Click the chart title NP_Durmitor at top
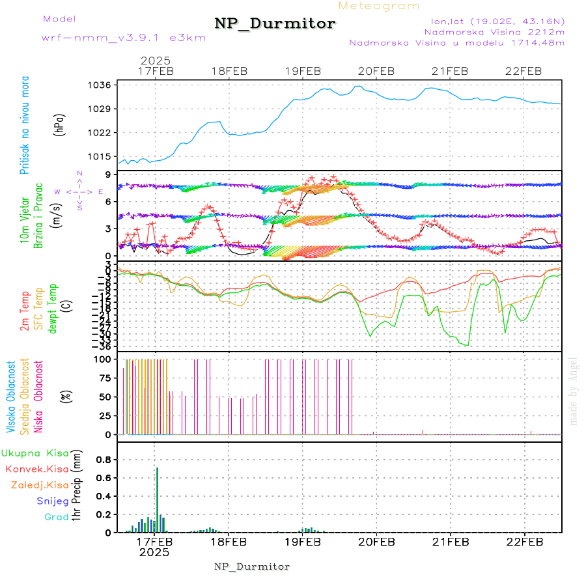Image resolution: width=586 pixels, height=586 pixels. click(275, 24)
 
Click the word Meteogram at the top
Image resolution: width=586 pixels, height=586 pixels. click(379, 6)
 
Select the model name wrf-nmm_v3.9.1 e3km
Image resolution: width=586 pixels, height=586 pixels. click(124, 38)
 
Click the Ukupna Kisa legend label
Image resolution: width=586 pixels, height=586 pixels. click(35, 453)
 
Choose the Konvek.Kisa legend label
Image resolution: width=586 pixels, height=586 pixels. click(37, 469)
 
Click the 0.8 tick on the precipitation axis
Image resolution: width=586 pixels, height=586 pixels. click(104, 460)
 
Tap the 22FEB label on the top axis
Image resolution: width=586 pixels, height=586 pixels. click(524, 71)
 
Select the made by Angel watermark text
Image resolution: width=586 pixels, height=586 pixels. click(574, 391)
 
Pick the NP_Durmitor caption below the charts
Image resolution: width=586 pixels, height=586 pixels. click(252, 566)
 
